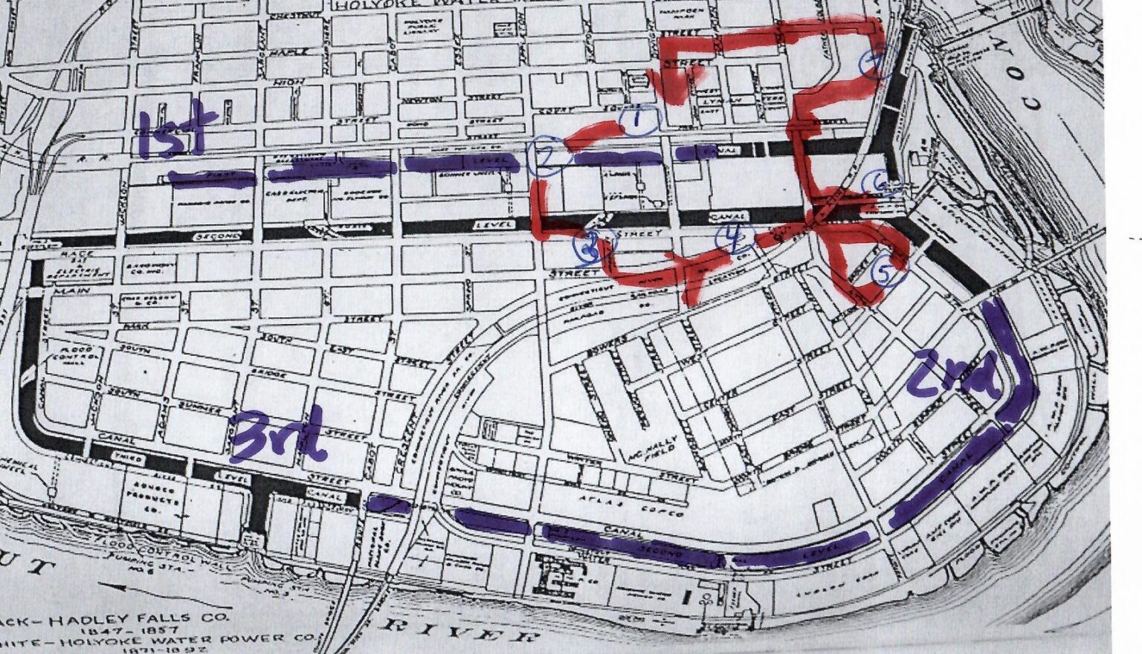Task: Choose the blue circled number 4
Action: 734,237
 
